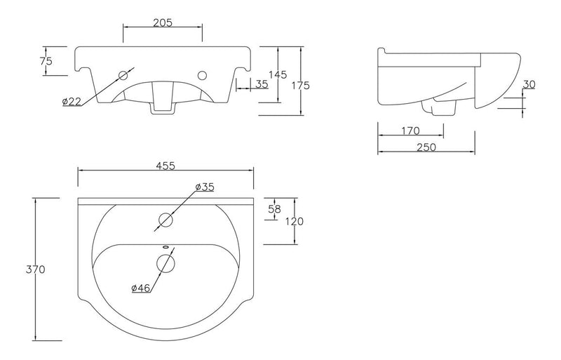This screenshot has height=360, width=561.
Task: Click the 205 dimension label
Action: pos(163,22)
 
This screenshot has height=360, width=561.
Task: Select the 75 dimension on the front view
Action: pos(46,61)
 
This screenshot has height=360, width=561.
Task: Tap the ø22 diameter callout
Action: pos(72,102)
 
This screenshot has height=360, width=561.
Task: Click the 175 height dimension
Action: pos(301,85)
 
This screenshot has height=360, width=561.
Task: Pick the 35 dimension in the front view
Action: pos(262,84)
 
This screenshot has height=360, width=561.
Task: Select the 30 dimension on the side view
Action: pos(529,84)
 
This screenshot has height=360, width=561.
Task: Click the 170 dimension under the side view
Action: pos(410,130)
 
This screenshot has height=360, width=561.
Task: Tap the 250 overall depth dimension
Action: pos(426,147)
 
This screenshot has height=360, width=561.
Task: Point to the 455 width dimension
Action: pos(165,166)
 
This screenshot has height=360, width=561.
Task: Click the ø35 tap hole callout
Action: pos(204,187)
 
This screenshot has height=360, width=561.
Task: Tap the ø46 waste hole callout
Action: pos(141,288)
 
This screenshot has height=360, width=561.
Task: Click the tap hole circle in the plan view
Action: pos(165,220)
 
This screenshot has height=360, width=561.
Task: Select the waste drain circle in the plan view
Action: pos(165,263)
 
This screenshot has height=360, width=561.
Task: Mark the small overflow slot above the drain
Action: pos(165,246)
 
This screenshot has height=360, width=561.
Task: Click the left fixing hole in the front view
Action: pos(125,74)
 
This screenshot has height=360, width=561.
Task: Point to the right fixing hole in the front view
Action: pos(203,74)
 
